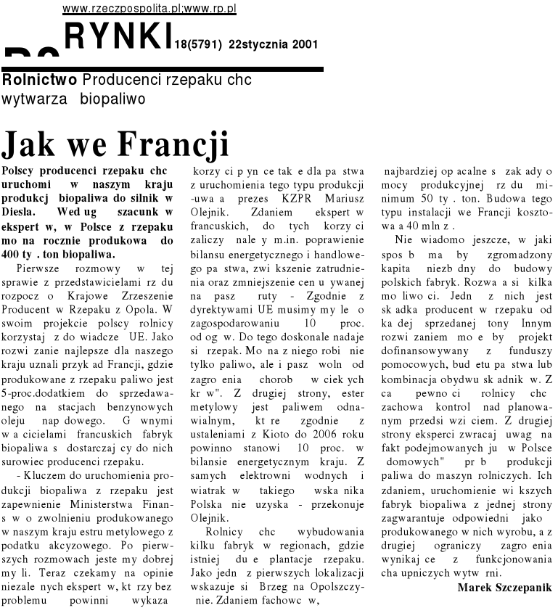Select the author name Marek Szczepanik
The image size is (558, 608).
pos(504,586)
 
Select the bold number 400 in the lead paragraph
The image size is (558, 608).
pos(15,255)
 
